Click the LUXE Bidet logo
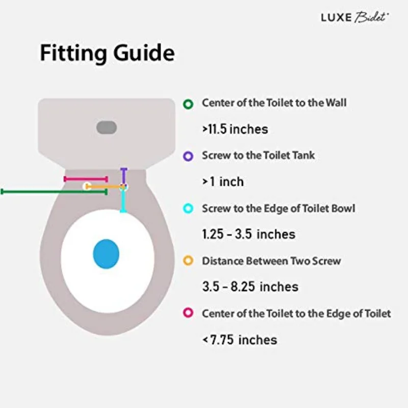pos(355,17)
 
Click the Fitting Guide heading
pos(107,53)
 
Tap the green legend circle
pos(188,104)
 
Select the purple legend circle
pos(188,157)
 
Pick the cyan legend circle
pos(188,209)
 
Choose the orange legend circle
pos(188,261)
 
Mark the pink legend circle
pos(188,313)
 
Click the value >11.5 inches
pos(235,129)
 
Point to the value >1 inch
pos(223,182)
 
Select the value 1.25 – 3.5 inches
pos(248,234)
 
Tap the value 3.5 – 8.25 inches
pos(250,287)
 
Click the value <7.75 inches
pos(240,339)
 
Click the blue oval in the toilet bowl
pos(106,253)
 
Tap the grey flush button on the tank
pos(107,127)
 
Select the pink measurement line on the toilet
pos(85,179)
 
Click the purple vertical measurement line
pos(123,176)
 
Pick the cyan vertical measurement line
pos(122,200)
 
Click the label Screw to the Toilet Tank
pos(258,156)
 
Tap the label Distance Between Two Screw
pos(271,261)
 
